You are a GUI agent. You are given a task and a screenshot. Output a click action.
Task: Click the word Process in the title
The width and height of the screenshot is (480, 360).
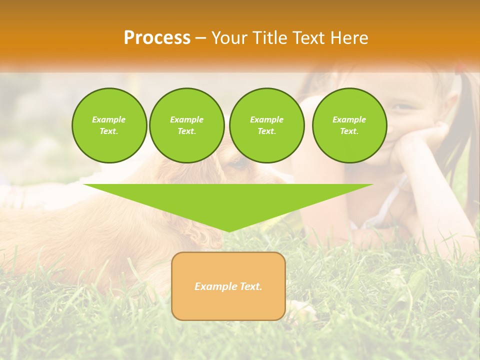click(x=157, y=38)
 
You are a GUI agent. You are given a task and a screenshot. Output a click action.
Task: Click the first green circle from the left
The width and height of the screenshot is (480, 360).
click(x=109, y=125)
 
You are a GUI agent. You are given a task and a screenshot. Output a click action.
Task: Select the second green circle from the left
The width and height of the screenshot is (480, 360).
click(x=187, y=125)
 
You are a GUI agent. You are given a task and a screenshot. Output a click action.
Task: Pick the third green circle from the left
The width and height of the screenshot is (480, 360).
click(x=267, y=125)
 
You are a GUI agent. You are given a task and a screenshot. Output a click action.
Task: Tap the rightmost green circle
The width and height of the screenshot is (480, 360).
click(x=349, y=125)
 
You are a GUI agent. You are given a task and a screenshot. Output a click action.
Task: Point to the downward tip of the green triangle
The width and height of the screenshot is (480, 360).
click(x=228, y=230)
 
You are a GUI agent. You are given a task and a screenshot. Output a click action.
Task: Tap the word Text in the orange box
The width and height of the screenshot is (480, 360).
click(x=250, y=286)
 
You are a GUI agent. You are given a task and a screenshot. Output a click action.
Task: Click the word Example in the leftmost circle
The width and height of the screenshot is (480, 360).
click(x=109, y=119)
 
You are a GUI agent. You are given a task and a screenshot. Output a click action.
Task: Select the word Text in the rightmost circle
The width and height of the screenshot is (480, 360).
click(x=349, y=131)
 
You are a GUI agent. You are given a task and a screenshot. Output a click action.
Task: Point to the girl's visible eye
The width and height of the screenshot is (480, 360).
click(x=402, y=106)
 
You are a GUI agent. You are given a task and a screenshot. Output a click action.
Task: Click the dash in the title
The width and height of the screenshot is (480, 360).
click(x=200, y=38)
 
